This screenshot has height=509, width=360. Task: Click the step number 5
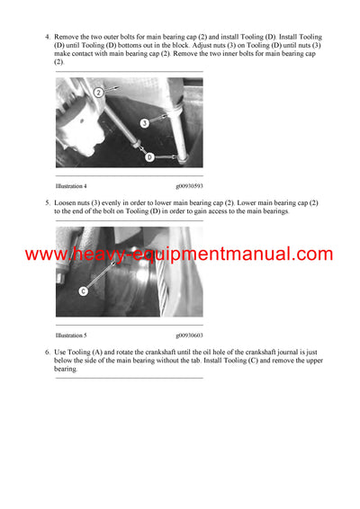[47, 203]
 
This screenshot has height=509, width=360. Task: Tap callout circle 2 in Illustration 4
[101, 91]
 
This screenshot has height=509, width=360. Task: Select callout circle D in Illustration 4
[148, 157]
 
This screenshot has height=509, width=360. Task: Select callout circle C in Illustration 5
[84, 290]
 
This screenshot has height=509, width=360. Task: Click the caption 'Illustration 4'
[71, 186]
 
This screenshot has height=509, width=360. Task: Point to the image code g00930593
[187, 186]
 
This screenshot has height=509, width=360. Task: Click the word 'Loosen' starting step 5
[67, 203]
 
